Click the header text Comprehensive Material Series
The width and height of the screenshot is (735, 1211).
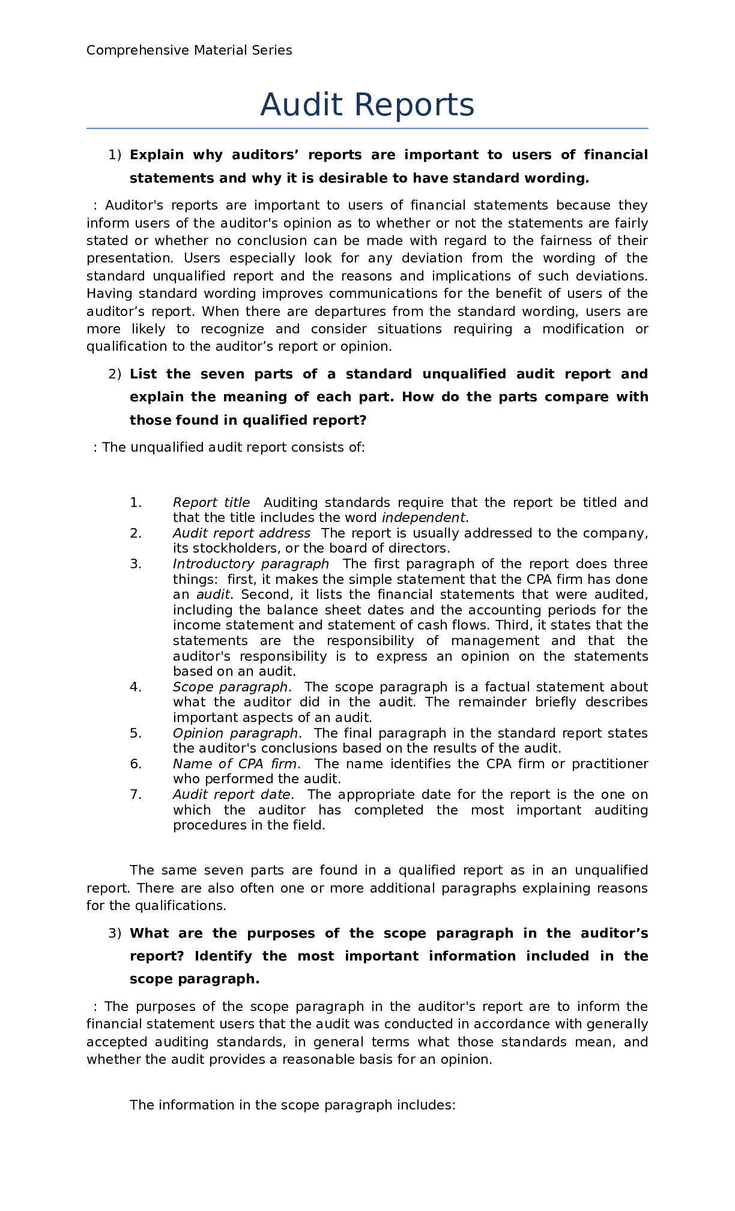pyautogui.click(x=189, y=50)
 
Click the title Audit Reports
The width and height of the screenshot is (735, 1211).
pyautogui.click(x=367, y=105)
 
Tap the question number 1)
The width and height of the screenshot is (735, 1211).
pyautogui.click(x=115, y=155)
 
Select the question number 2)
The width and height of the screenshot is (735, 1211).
pyautogui.click(x=115, y=374)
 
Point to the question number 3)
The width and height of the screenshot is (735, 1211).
pyautogui.click(x=115, y=933)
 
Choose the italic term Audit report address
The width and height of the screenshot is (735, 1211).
pyautogui.click(x=241, y=533)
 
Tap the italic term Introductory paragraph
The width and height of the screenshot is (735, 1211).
pyautogui.click(x=250, y=564)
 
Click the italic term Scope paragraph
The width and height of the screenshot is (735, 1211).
pyautogui.click(x=230, y=687)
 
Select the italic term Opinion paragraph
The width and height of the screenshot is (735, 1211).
pyautogui.click(x=235, y=733)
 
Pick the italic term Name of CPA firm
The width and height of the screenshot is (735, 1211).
pyautogui.click(x=234, y=764)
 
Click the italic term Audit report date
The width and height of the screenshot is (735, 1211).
pyautogui.click(x=231, y=795)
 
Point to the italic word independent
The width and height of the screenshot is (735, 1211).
pyautogui.click(x=423, y=518)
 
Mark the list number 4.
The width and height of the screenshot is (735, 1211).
pyautogui.click(x=136, y=687)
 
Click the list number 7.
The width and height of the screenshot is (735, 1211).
pyautogui.click(x=136, y=795)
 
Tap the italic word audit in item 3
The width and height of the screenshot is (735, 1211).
pyautogui.click(x=213, y=595)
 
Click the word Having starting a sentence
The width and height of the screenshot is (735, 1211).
pyautogui.click(x=110, y=294)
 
